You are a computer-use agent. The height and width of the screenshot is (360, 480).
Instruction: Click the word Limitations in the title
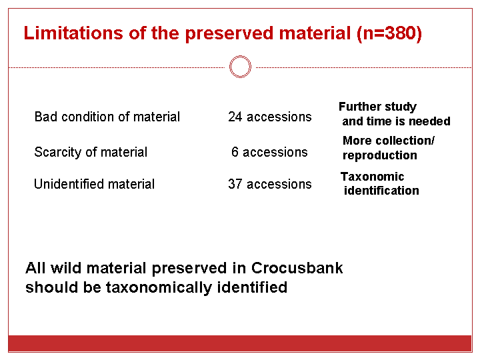tap(73, 33)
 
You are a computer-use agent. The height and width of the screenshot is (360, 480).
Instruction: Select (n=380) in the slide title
tap(389, 33)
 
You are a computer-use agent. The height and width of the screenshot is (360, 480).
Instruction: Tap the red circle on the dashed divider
tap(240, 67)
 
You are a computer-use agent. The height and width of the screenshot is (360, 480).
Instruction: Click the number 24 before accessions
tap(235, 117)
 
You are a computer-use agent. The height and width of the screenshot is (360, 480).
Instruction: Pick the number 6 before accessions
tap(235, 152)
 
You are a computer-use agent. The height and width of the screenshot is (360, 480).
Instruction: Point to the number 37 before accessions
tap(235, 184)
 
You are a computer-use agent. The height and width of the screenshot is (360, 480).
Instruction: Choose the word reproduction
tap(379, 155)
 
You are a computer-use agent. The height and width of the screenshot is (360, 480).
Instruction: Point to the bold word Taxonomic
tap(372, 177)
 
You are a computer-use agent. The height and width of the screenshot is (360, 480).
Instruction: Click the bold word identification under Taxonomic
tap(381, 191)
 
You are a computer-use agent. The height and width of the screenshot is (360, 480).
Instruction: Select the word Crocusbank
tap(297, 268)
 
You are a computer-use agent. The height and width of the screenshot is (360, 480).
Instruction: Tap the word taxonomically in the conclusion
tap(159, 287)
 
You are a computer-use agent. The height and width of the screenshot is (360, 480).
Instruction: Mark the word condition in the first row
tap(87, 117)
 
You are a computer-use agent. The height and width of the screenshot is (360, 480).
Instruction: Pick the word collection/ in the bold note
tap(405, 141)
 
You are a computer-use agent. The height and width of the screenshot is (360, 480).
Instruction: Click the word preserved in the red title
tap(229, 33)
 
